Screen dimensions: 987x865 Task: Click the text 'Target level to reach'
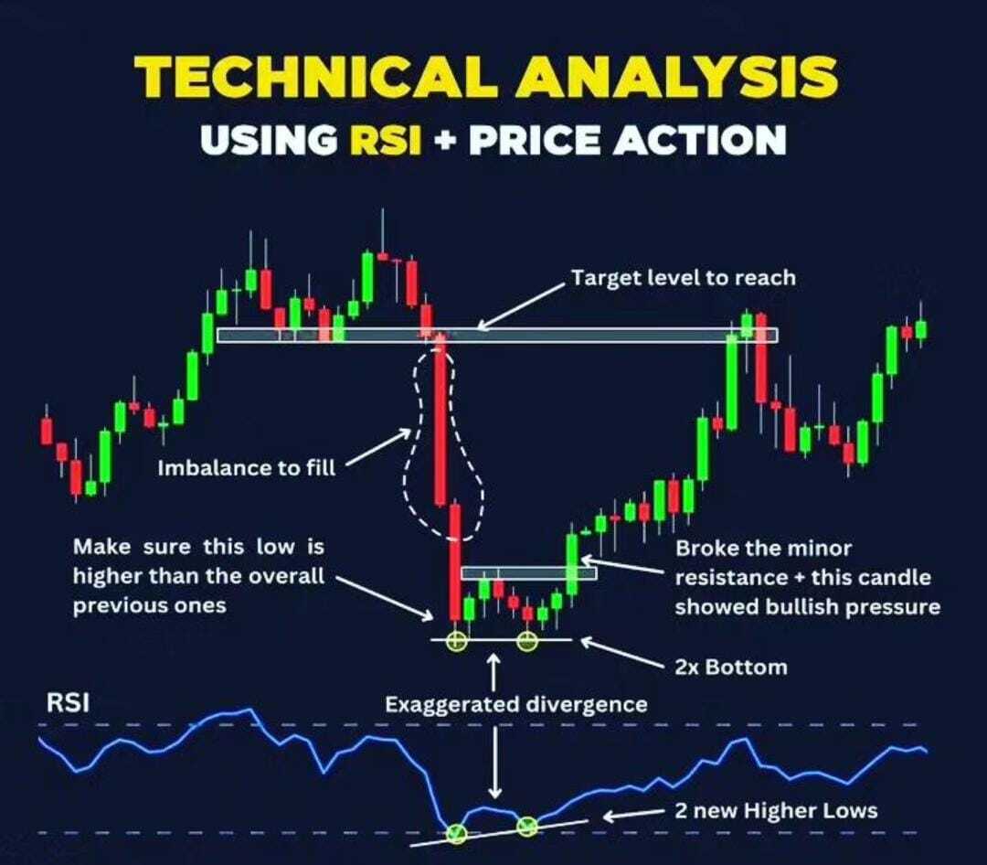pos(683,278)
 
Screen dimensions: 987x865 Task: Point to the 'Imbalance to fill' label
pos(247,468)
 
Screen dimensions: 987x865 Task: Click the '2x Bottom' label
pos(731,667)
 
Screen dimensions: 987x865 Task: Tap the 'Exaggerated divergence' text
pos(516,704)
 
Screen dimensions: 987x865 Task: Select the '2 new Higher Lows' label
pos(776,811)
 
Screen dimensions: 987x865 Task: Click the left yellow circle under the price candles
pos(456,642)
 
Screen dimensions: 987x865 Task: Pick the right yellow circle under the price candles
pos(527,642)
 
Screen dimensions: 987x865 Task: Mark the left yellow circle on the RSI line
pos(456,834)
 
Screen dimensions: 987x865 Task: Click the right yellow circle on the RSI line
pos(527,826)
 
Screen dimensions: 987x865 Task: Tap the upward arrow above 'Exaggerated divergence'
pos(494,671)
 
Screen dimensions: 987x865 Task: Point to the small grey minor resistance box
pos(529,573)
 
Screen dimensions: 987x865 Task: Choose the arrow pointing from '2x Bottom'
pos(622,653)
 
